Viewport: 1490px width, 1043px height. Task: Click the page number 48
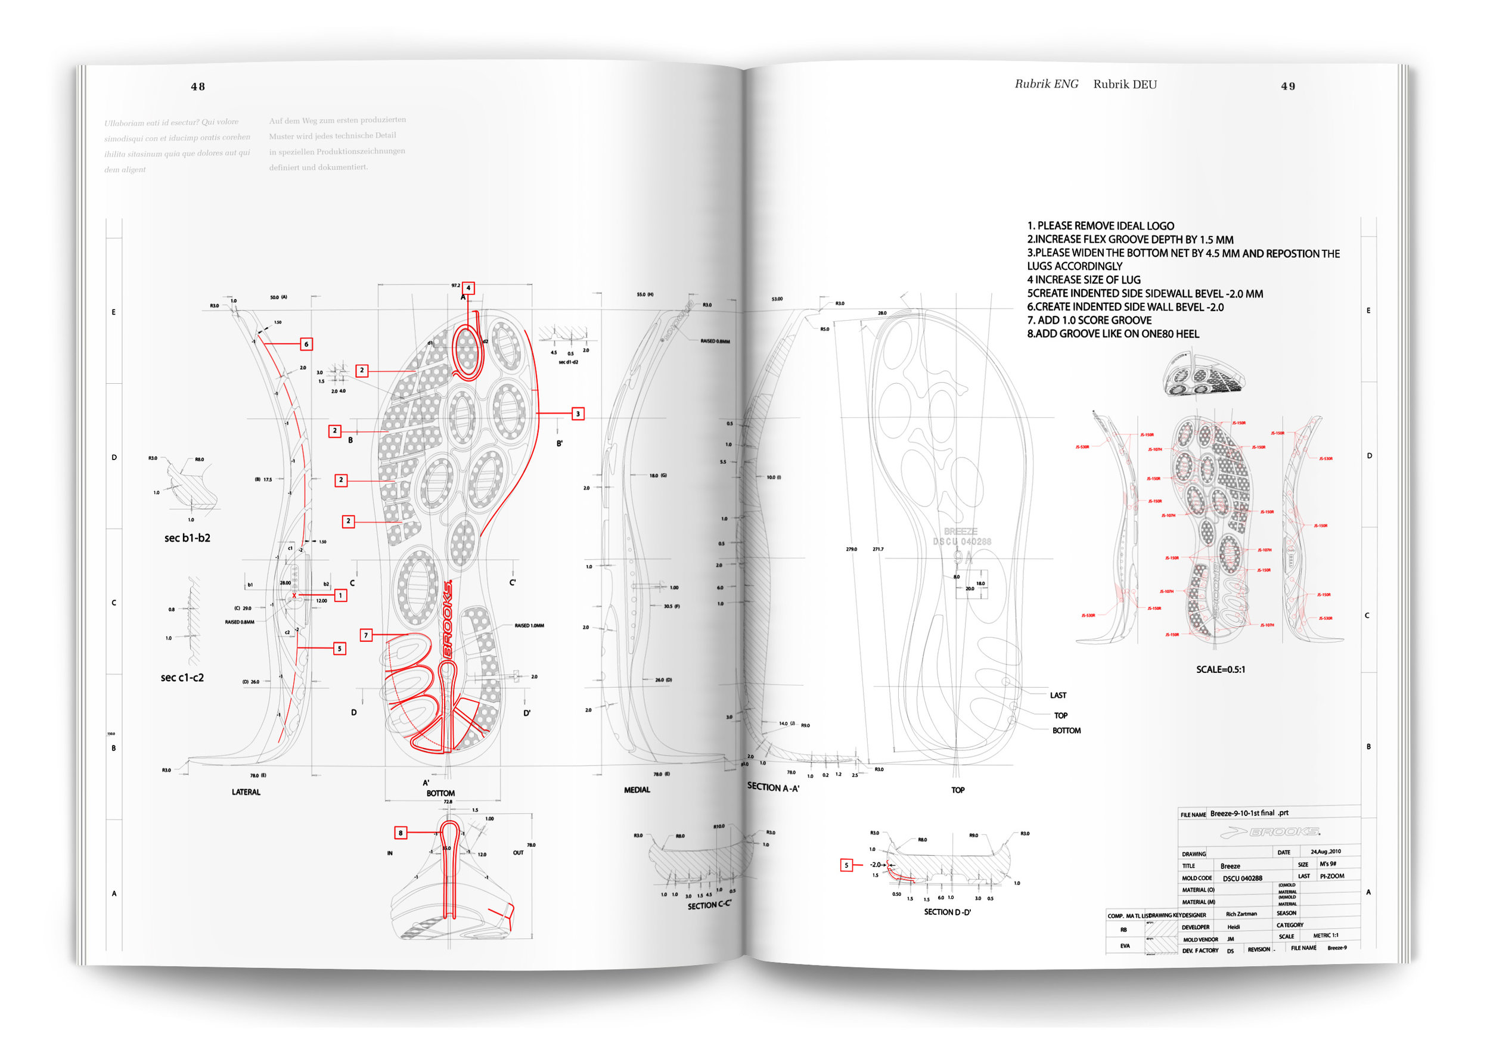198,87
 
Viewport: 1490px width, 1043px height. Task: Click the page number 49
1287,86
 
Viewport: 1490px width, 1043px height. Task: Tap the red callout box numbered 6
306,344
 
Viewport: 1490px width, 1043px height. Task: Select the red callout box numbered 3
578,414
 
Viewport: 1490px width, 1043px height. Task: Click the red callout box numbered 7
366,635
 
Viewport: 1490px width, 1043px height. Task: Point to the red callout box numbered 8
401,833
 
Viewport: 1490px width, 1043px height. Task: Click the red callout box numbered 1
340,595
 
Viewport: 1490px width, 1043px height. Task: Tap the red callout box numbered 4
468,287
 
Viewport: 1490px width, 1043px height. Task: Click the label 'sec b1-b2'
187,538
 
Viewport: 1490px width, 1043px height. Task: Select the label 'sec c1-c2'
182,678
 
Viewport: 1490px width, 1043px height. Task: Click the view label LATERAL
246,793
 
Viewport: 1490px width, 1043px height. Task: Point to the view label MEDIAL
637,790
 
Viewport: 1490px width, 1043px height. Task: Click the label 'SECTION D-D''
947,912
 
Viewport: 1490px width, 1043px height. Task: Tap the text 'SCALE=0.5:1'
1220,669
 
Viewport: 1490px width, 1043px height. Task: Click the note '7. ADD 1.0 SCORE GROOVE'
1089,321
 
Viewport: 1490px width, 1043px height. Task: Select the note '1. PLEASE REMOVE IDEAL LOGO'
1100,226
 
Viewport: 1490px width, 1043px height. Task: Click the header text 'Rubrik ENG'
1046,85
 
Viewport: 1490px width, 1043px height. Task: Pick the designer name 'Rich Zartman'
1241,914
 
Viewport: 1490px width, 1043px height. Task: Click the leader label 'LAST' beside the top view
1058,695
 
